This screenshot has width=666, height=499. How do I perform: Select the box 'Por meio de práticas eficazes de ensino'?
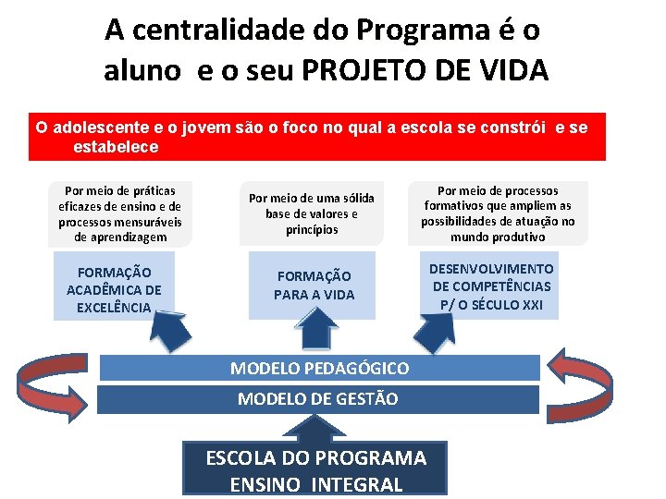click(120, 213)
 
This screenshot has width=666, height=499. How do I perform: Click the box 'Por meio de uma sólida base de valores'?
click(312, 213)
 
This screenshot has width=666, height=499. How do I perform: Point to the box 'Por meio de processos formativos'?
click(498, 213)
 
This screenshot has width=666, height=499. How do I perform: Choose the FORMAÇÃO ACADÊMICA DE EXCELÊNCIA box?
click(114, 289)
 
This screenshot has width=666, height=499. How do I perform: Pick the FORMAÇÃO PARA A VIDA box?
click(314, 286)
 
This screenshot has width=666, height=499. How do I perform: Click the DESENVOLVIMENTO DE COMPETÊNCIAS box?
click(491, 286)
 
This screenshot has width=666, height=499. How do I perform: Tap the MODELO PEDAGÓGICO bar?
click(319, 368)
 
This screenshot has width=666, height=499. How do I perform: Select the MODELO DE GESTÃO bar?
click(319, 399)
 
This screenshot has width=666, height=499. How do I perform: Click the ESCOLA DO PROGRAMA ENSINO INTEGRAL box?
click(315, 470)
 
